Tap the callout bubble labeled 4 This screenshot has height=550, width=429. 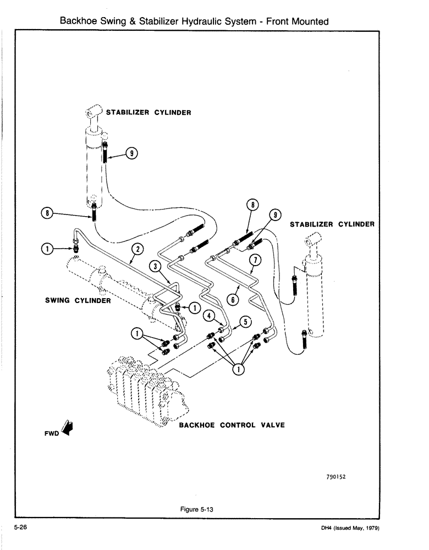coord(208,316)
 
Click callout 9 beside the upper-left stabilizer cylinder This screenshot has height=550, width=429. coord(132,154)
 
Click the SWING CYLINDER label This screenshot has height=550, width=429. coord(78,300)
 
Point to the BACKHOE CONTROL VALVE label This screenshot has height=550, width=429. coord(232,425)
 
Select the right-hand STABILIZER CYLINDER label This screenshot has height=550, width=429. coord(332,224)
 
